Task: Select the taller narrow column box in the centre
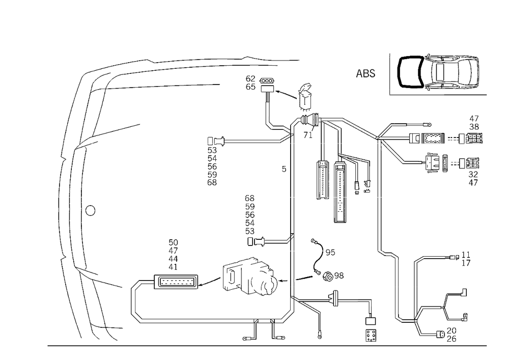pos(340,191)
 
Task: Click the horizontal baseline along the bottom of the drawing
pos(265,345)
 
